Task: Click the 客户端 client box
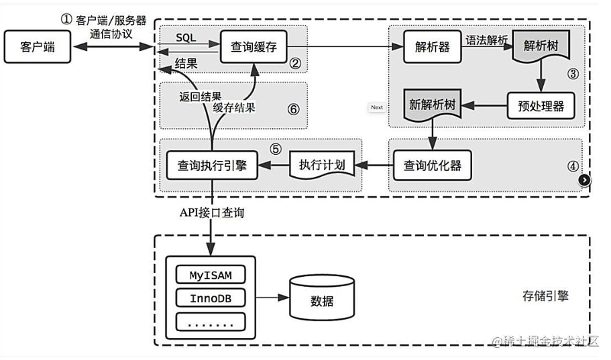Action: (38, 47)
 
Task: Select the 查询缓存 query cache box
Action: (254, 47)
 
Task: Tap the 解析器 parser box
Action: (432, 47)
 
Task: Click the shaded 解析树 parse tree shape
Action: (541, 47)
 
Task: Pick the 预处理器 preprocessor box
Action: (541, 105)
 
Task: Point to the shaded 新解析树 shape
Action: (432, 105)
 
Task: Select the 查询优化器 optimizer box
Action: (432, 165)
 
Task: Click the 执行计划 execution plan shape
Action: (322, 165)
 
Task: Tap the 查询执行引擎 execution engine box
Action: (212, 165)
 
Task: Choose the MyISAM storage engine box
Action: (211, 275)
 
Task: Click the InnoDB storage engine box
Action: (211, 298)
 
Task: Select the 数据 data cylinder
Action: (322, 298)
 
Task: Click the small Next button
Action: (377, 107)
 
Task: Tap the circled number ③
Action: (573, 74)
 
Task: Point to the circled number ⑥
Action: (293, 109)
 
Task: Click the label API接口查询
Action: (211, 213)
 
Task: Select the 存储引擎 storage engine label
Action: (545, 296)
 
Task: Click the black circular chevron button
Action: (584, 180)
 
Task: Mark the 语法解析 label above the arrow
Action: (487, 40)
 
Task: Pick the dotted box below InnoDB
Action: (211, 322)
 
